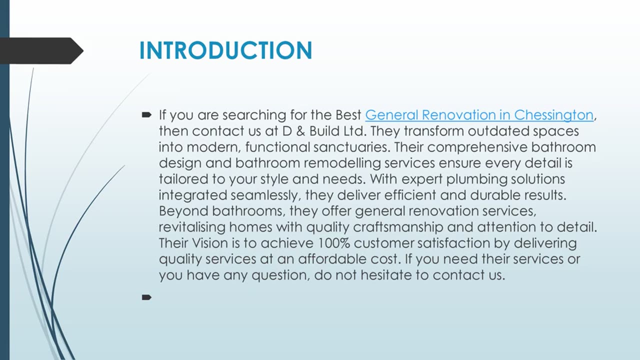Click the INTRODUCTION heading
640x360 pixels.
click(225, 50)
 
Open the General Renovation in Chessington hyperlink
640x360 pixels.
click(479, 115)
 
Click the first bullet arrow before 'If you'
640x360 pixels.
click(146, 115)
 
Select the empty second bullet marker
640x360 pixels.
click(146, 297)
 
